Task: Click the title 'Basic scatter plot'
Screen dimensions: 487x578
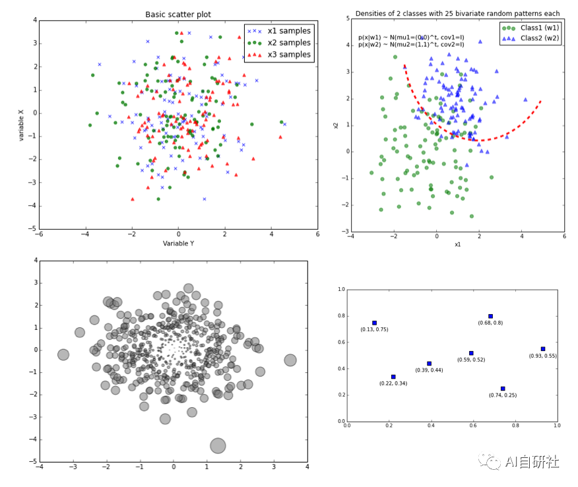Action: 178,15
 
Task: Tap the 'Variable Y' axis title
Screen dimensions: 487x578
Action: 178,243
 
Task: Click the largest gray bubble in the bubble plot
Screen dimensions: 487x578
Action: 218,445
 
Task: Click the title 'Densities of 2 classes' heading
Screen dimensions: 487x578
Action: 457,13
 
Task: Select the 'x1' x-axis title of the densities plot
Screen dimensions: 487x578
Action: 457,245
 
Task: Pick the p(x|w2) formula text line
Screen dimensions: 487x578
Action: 410,45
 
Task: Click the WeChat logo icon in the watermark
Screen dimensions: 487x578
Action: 492,461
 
